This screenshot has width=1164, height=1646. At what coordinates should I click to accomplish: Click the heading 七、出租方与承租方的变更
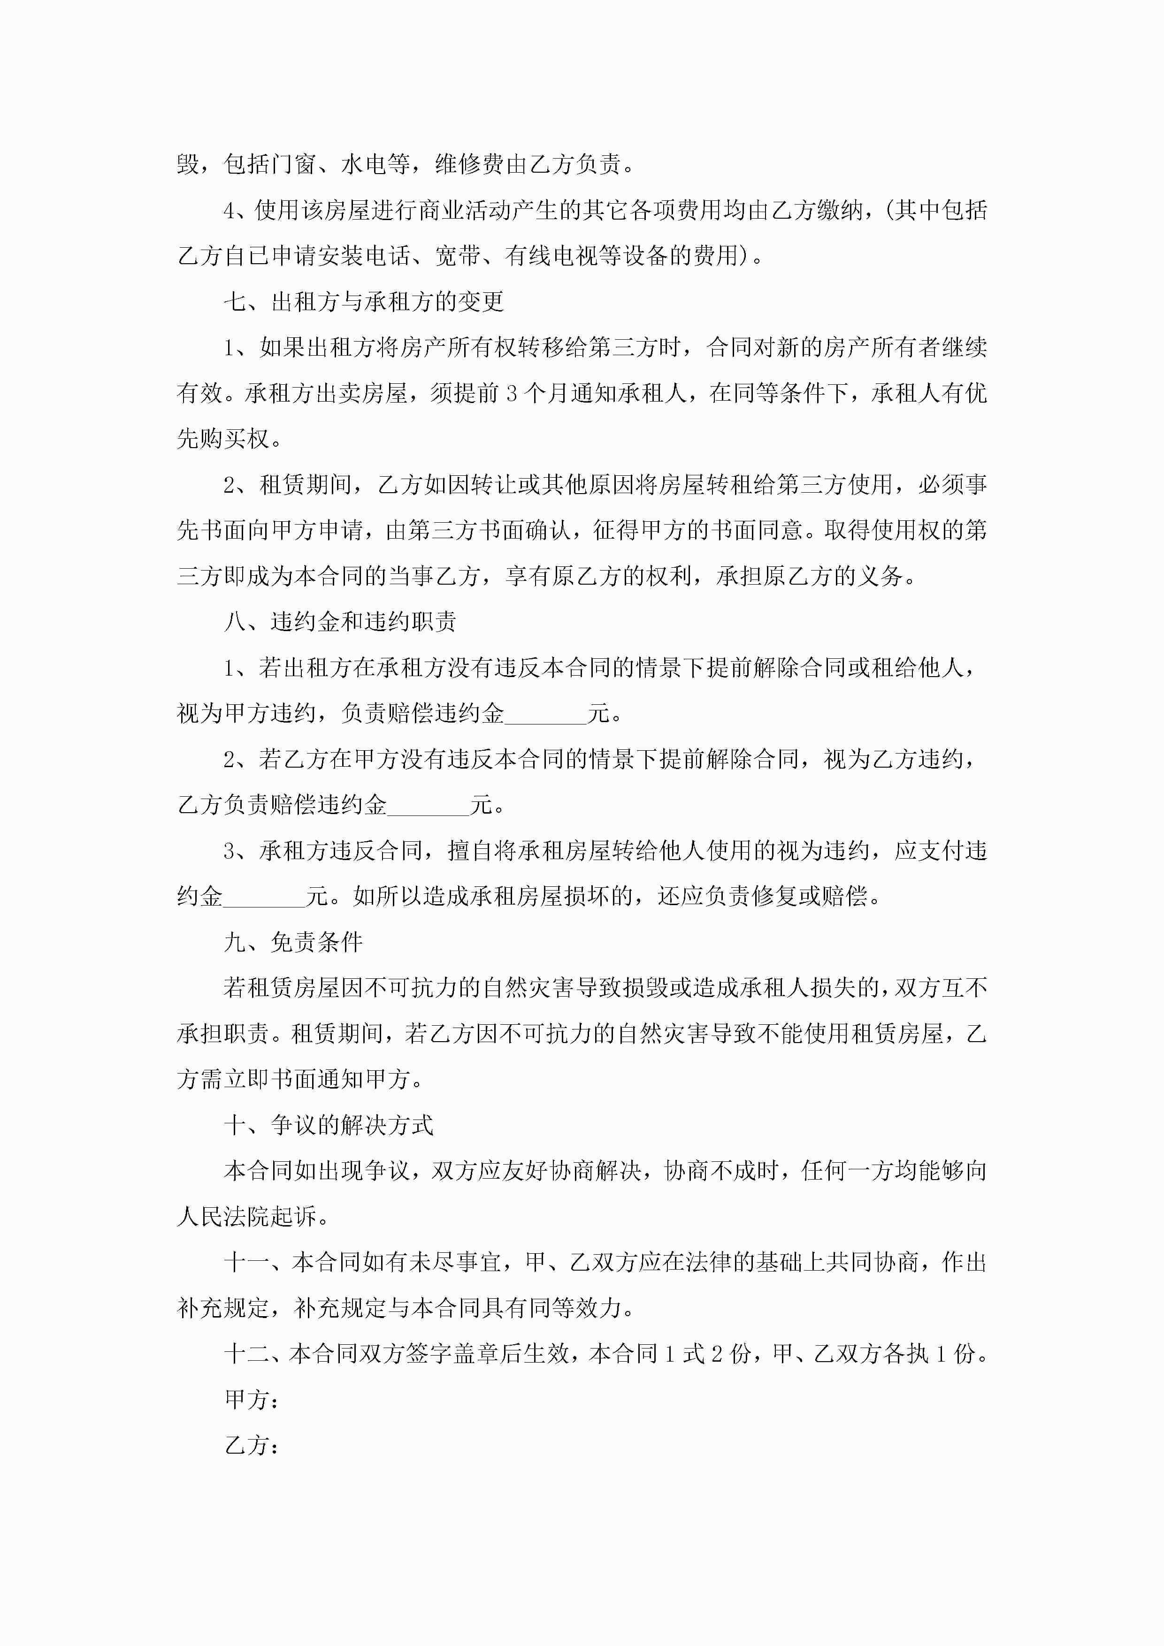364,302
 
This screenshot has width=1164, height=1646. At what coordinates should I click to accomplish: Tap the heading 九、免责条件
293,942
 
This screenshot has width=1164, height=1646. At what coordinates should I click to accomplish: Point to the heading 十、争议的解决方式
329,1125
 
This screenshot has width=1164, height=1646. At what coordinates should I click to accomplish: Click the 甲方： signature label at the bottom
252,1399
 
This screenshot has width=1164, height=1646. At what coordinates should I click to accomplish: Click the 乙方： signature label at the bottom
252,1445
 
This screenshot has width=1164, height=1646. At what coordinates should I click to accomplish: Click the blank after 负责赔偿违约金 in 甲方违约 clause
545,713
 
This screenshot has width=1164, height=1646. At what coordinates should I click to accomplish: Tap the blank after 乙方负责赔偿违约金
428,805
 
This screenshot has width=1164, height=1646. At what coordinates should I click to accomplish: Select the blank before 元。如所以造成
264,896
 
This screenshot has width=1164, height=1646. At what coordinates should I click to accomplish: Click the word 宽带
457,256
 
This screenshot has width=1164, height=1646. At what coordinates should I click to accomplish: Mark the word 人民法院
223,1217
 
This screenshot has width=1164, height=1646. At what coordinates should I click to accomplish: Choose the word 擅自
470,851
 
